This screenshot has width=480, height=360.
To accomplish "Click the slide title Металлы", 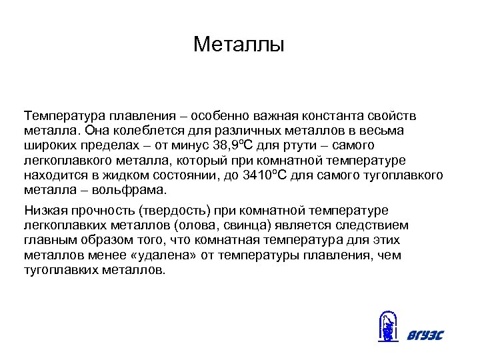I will point(239,45).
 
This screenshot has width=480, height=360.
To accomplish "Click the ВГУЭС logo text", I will point(424,335).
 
